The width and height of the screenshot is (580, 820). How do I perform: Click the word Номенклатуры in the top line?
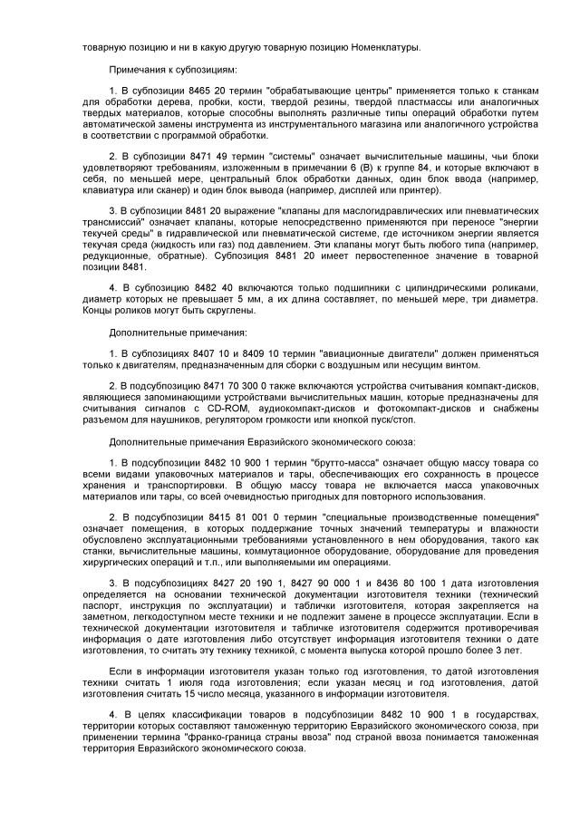(384, 47)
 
